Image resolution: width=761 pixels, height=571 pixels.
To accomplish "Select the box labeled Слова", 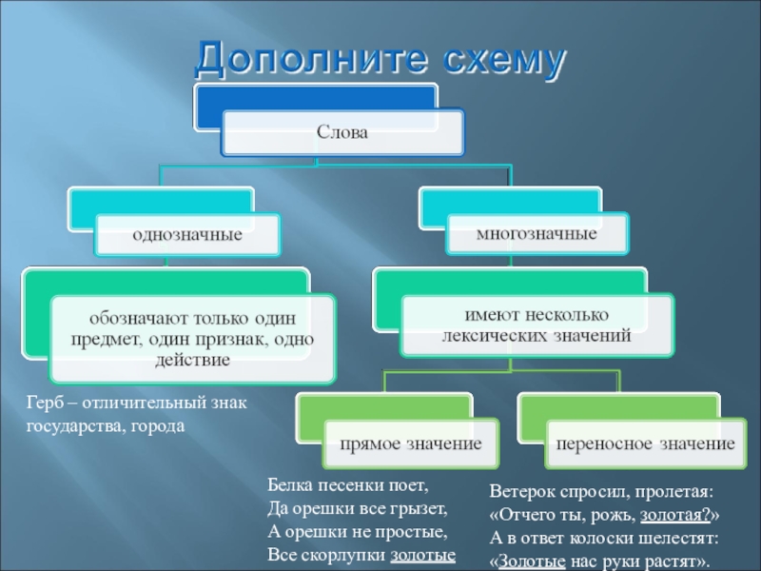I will pos(342,133).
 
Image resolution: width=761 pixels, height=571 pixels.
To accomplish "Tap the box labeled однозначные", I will pos(187,233).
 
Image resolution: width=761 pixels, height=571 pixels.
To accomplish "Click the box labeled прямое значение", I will pos(412,443).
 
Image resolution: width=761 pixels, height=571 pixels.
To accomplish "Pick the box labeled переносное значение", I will pos(646,443).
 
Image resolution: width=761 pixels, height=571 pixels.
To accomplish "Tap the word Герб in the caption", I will pos(42,404).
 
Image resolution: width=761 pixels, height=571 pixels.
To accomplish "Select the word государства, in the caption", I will pos(71,426).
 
